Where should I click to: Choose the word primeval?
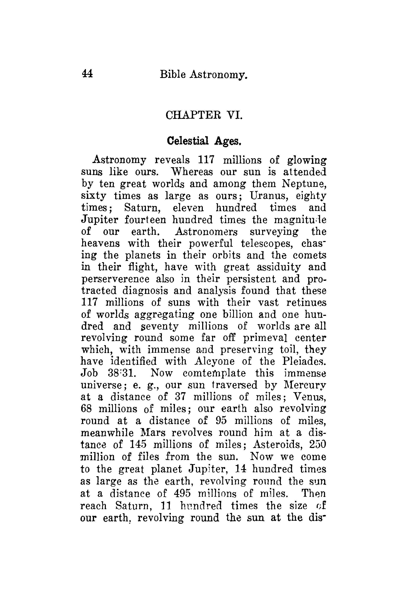coord(265,338)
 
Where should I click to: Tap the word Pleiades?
coord(304,362)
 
